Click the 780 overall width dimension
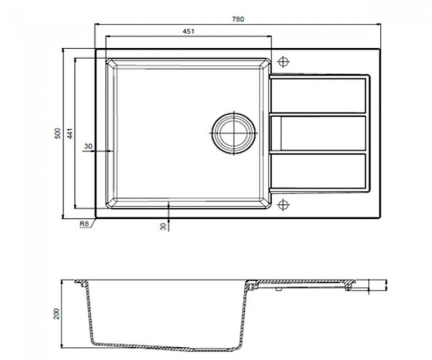click(x=238, y=19)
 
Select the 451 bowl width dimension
click(x=188, y=32)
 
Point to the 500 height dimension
click(x=57, y=133)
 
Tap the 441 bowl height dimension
click(x=70, y=133)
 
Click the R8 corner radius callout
click(x=84, y=224)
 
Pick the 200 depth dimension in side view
click(x=56, y=313)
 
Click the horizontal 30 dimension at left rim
click(x=88, y=146)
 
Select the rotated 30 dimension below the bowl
click(x=163, y=227)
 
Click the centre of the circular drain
click(x=234, y=133)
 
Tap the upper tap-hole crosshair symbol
click(x=283, y=61)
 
